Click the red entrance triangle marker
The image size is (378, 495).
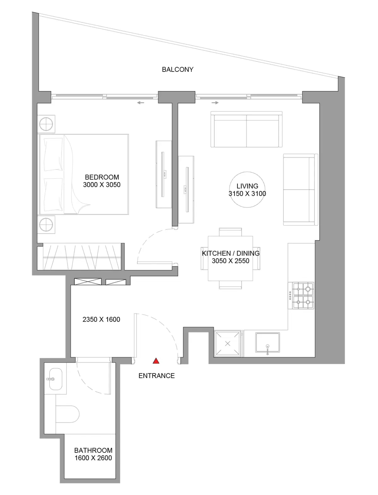click(x=156, y=361)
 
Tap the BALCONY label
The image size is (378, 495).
click(x=177, y=70)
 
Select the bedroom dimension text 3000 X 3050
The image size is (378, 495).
click(x=101, y=185)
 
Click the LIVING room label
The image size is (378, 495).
click(x=247, y=186)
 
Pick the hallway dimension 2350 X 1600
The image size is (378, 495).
click(x=101, y=319)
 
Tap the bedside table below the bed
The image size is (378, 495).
click(x=46, y=224)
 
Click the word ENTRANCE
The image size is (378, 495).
click(x=157, y=376)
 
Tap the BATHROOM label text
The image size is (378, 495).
click(x=93, y=451)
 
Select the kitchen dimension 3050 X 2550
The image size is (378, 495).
click(x=230, y=261)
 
